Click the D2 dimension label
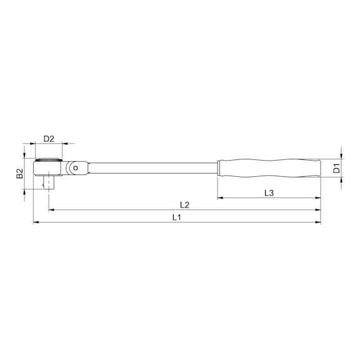pyautogui.click(x=48, y=139)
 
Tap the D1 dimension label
pyautogui.click(x=336, y=168)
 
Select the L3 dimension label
pyautogui.click(x=269, y=192)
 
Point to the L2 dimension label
pyautogui.click(x=184, y=204)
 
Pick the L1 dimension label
pyautogui.click(x=177, y=217)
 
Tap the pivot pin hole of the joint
pyautogui.click(x=76, y=167)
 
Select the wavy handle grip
pyautogui.click(x=269, y=167)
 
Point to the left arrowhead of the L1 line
pyautogui.click(x=36, y=222)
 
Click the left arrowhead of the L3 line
pyautogui.click(x=220, y=198)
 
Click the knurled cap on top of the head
pyautogui.click(x=48, y=160)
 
